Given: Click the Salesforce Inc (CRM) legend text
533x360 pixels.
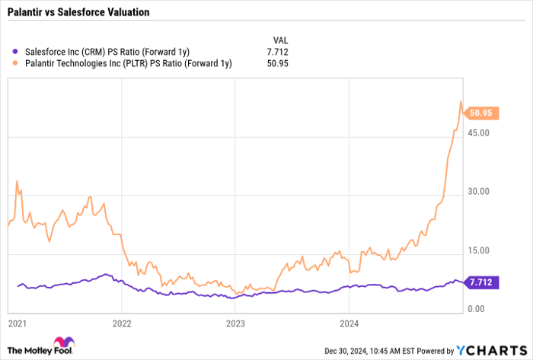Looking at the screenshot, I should click(106, 52).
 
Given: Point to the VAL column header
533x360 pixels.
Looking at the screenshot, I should click(279, 40).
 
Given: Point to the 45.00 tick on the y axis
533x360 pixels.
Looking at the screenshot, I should click(477, 133).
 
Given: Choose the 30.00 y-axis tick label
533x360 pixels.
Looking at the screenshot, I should click(477, 192).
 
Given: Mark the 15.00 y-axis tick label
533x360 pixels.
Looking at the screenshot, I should click(477, 250).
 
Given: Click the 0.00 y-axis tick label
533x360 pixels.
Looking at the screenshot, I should click(475, 308).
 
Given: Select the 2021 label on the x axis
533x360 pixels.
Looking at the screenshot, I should click(17, 323).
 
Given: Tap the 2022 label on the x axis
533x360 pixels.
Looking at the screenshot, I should click(122, 323).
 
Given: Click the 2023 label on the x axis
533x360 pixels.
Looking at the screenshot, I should click(235, 323).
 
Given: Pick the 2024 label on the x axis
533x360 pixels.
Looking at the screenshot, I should click(349, 323).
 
